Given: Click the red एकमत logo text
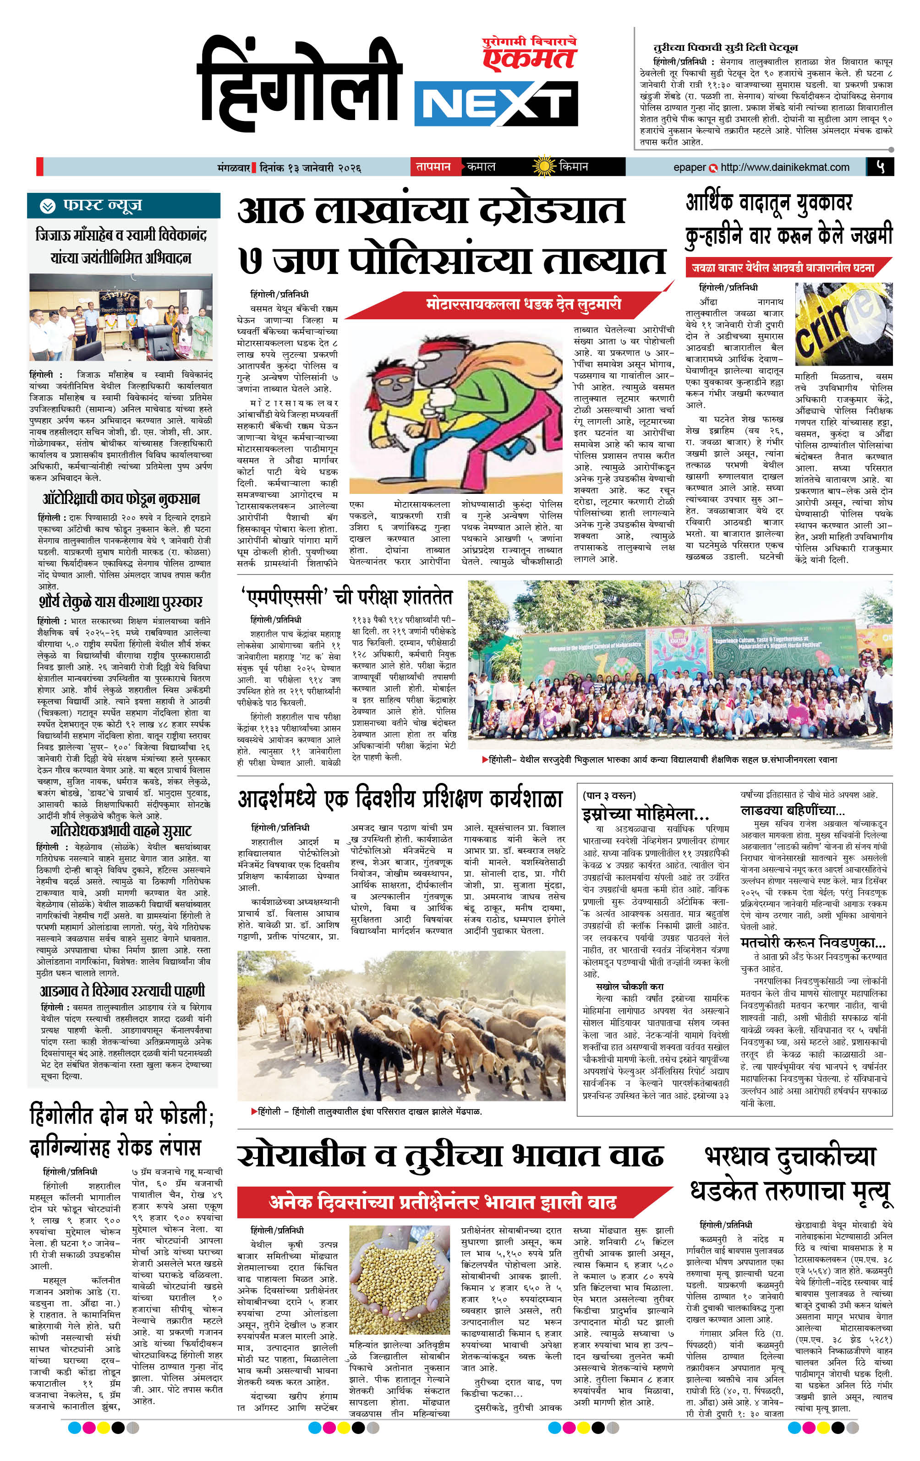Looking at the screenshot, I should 529,58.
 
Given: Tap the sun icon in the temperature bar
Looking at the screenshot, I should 543,166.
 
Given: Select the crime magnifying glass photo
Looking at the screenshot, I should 843,325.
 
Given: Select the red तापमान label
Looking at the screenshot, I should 433,166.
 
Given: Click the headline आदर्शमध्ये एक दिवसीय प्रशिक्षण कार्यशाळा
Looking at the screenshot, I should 400,799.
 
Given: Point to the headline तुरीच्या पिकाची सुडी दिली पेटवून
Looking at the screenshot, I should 725,47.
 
